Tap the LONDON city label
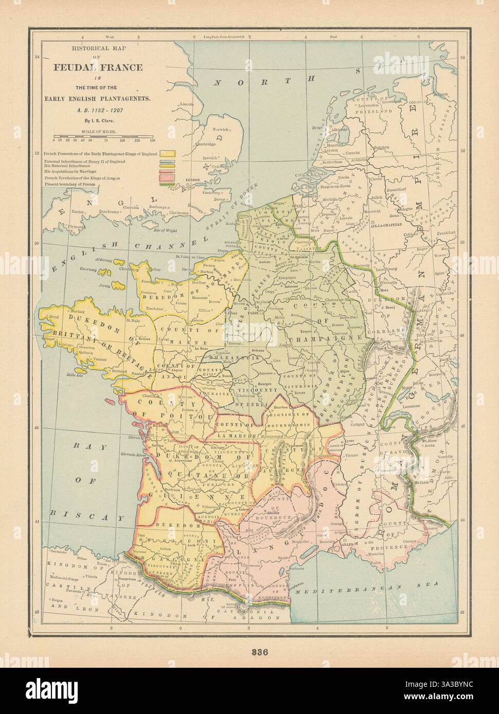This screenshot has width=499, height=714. coord(191,180)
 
